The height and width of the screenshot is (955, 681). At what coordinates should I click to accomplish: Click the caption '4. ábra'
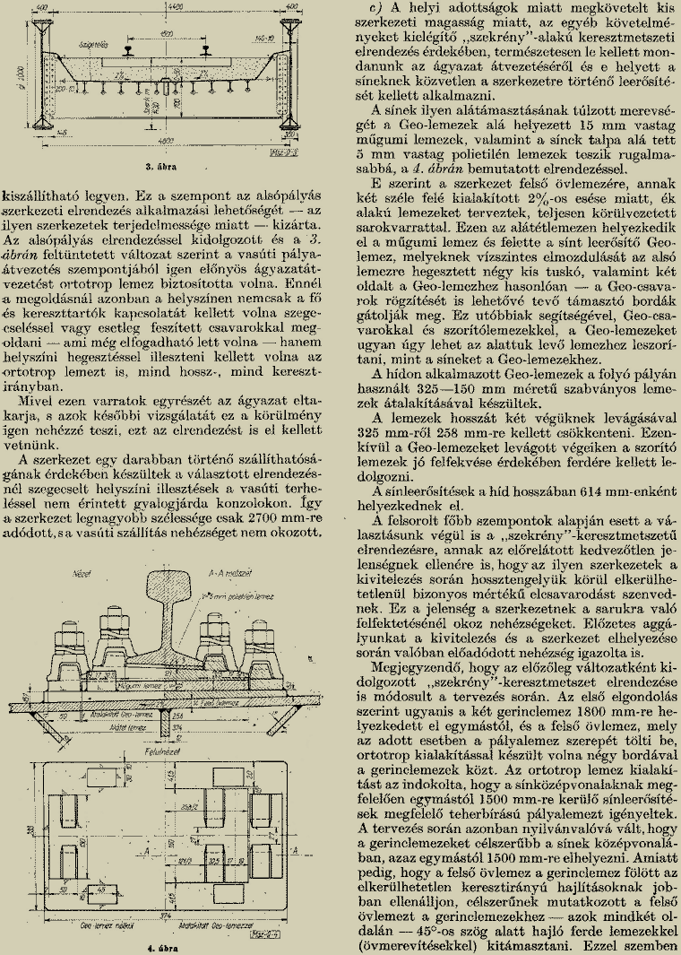click(x=164, y=947)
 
